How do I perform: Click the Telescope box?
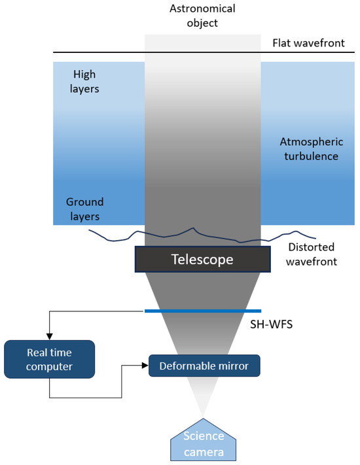click(202, 259)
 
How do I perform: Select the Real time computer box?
click(49, 359)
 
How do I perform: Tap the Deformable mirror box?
click(205, 365)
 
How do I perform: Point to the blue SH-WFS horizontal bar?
click(202, 311)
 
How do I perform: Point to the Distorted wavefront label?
click(312, 254)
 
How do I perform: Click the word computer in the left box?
click(49, 366)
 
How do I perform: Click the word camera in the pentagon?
click(202, 451)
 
